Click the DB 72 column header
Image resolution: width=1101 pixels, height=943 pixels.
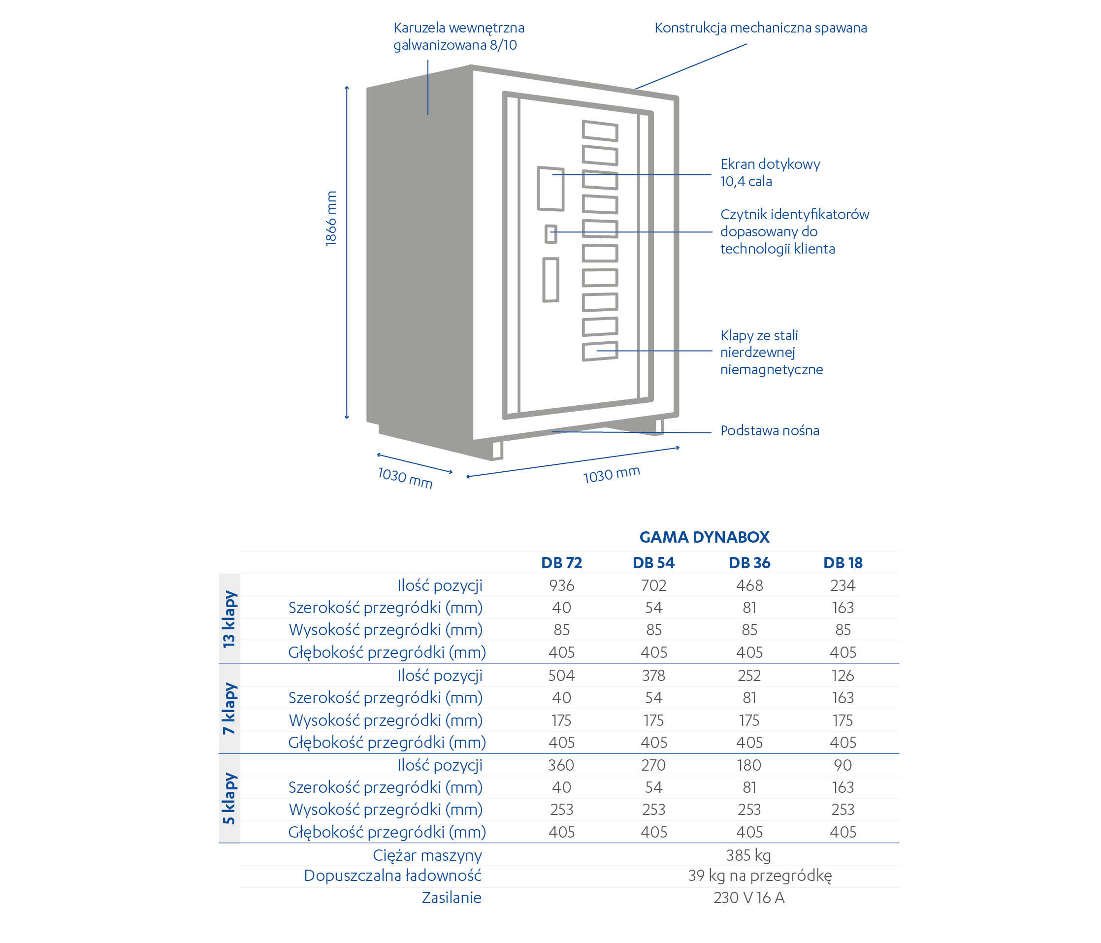(561, 563)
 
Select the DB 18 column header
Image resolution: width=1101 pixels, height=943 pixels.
(843, 563)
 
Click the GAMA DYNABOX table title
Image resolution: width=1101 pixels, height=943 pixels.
(704, 537)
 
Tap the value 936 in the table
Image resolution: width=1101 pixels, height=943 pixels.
(562, 585)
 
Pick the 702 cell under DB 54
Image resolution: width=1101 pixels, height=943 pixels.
(653, 585)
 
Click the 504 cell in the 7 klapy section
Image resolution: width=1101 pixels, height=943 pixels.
(562, 675)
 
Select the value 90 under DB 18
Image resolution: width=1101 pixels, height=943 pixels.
(843, 765)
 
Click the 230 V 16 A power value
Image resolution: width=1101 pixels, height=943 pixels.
(749, 897)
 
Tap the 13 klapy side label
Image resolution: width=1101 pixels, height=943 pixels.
(229, 619)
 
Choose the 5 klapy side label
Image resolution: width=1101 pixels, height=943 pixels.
(229, 799)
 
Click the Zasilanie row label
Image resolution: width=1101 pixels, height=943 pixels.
(452, 897)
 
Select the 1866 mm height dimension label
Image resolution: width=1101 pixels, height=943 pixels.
(331, 219)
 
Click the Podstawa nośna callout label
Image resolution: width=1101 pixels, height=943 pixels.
(770, 430)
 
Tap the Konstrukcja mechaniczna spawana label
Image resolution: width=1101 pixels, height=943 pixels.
(760, 28)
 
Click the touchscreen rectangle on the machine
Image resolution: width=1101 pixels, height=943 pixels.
(550, 189)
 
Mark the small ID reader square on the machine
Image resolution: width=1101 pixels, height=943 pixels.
(551, 234)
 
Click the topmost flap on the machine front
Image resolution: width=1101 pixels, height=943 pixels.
(600, 130)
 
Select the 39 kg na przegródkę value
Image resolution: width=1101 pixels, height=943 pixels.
(760, 876)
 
